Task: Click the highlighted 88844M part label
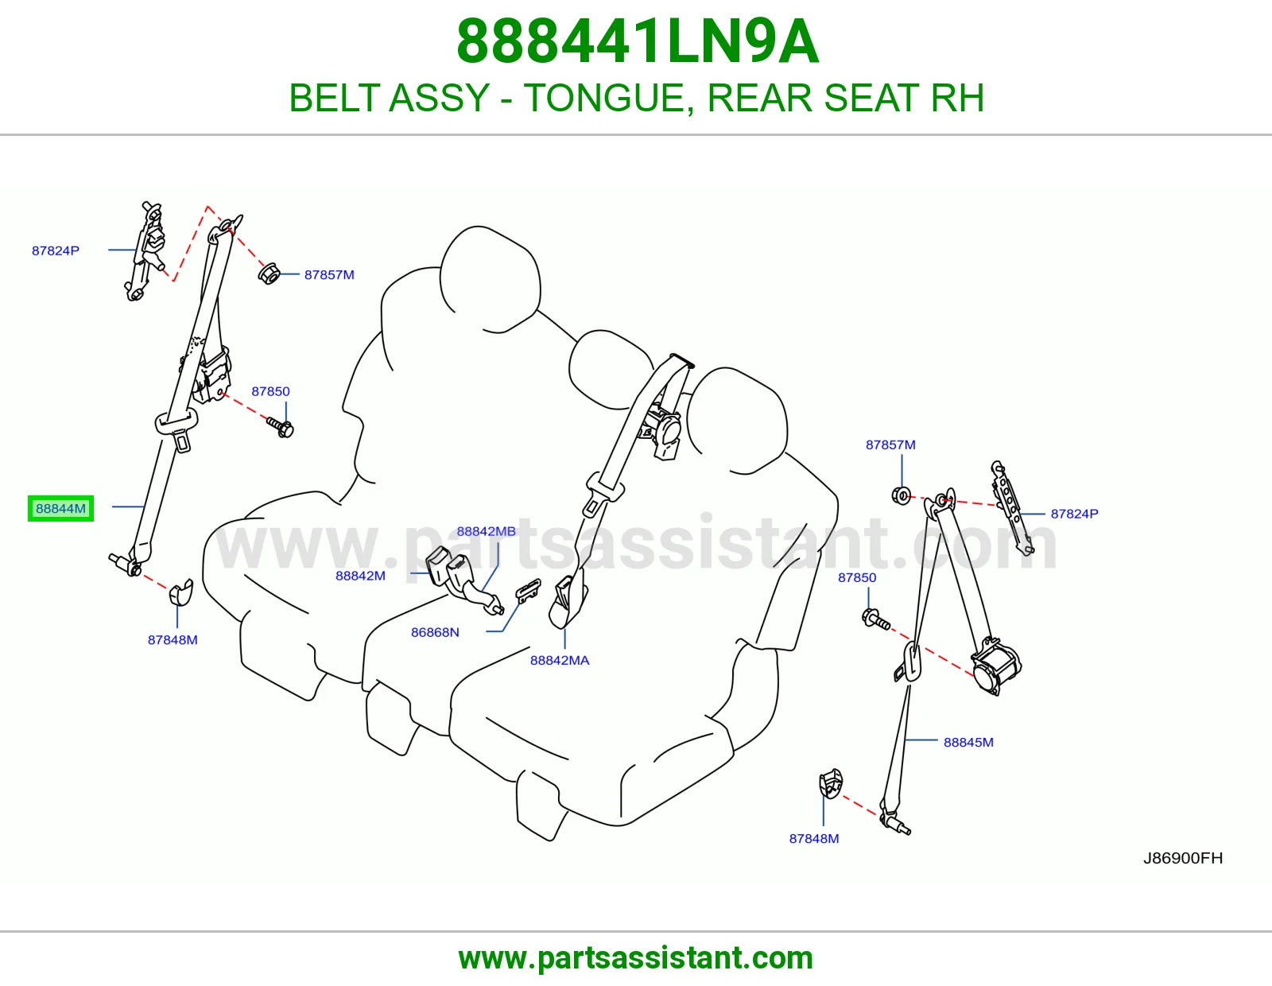(x=60, y=508)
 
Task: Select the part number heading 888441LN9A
(x=638, y=41)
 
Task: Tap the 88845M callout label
(x=968, y=742)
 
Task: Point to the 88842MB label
(x=486, y=531)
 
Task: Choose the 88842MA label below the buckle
(x=560, y=660)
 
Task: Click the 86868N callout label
(x=435, y=632)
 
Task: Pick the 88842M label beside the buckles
(x=360, y=576)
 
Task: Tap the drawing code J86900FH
(x=1183, y=858)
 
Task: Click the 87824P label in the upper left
(x=56, y=250)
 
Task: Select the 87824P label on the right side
(x=1074, y=514)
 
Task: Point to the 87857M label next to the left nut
(x=329, y=274)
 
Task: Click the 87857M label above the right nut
(x=890, y=444)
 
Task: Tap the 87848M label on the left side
(x=172, y=640)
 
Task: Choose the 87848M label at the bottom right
(x=813, y=838)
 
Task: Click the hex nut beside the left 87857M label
(x=269, y=274)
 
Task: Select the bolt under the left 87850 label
(x=281, y=427)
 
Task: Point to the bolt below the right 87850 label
(x=876, y=619)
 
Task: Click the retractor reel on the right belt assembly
(x=995, y=667)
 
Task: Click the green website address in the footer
(x=636, y=958)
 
